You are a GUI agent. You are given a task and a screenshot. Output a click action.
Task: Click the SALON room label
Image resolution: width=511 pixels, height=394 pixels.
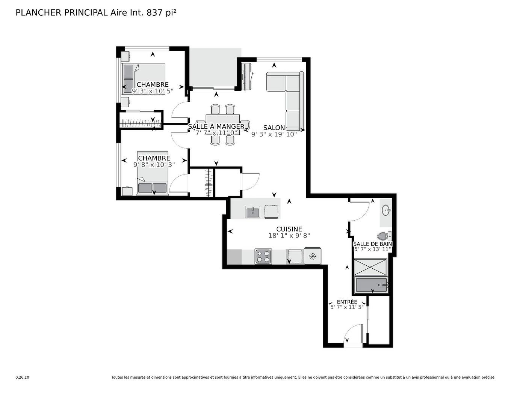pyautogui.click(x=274, y=128)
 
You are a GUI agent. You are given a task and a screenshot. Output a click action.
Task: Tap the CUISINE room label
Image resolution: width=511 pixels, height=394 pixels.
pyautogui.click(x=289, y=229)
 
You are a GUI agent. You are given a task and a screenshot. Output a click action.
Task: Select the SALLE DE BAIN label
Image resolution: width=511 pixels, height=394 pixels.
pyautogui.click(x=372, y=244)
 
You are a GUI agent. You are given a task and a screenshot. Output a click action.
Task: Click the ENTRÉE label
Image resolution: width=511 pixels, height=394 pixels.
pyautogui.click(x=347, y=302)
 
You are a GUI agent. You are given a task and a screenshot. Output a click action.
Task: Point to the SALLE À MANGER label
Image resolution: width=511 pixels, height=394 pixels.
pyautogui.click(x=216, y=126)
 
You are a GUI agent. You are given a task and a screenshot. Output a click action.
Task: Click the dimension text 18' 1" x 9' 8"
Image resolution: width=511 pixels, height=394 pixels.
pyautogui.click(x=289, y=236)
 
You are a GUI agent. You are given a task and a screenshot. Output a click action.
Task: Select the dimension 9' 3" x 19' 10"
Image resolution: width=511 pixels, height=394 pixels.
pyautogui.click(x=274, y=134)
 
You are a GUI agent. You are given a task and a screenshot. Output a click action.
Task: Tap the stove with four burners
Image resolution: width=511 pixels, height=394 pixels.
pyautogui.click(x=263, y=256)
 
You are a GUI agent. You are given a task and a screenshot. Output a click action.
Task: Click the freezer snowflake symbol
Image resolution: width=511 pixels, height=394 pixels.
pyautogui.click(x=312, y=256)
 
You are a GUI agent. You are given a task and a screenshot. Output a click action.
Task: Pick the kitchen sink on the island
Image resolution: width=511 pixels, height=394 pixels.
pyautogui.click(x=253, y=212)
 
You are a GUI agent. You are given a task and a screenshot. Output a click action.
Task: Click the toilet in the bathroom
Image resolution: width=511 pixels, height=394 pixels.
pyautogui.click(x=383, y=236)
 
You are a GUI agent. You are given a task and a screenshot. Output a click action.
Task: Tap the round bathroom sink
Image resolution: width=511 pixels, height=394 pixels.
pyautogui.click(x=386, y=210)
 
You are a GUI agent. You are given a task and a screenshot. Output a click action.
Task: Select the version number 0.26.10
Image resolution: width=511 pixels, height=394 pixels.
pyautogui.click(x=22, y=377)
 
